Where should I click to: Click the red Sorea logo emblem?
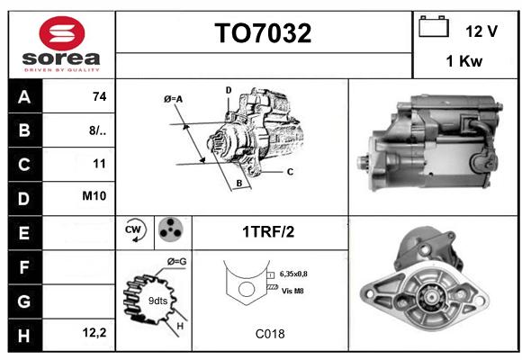(x=62, y=33)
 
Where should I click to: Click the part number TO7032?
(x=263, y=33)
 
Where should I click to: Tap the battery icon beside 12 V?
(x=434, y=26)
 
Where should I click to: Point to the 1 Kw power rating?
(x=464, y=61)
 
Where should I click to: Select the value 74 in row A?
(x=100, y=96)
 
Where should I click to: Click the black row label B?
(x=24, y=130)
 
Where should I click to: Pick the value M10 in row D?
(x=94, y=195)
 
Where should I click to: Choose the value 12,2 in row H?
(x=94, y=332)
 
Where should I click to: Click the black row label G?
(x=24, y=301)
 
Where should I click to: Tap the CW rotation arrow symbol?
(x=134, y=230)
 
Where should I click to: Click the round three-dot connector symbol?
(x=171, y=229)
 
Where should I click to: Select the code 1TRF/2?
(x=268, y=232)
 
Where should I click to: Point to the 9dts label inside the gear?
(x=157, y=301)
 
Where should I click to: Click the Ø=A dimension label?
(x=173, y=99)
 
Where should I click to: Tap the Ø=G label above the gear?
(x=176, y=262)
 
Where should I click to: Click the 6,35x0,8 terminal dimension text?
(x=293, y=274)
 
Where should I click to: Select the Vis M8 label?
(x=292, y=291)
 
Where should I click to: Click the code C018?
(x=270, y=334)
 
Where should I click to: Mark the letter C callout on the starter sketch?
(x=290, y=172)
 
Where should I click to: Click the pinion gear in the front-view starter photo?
(x=431, y=296)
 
